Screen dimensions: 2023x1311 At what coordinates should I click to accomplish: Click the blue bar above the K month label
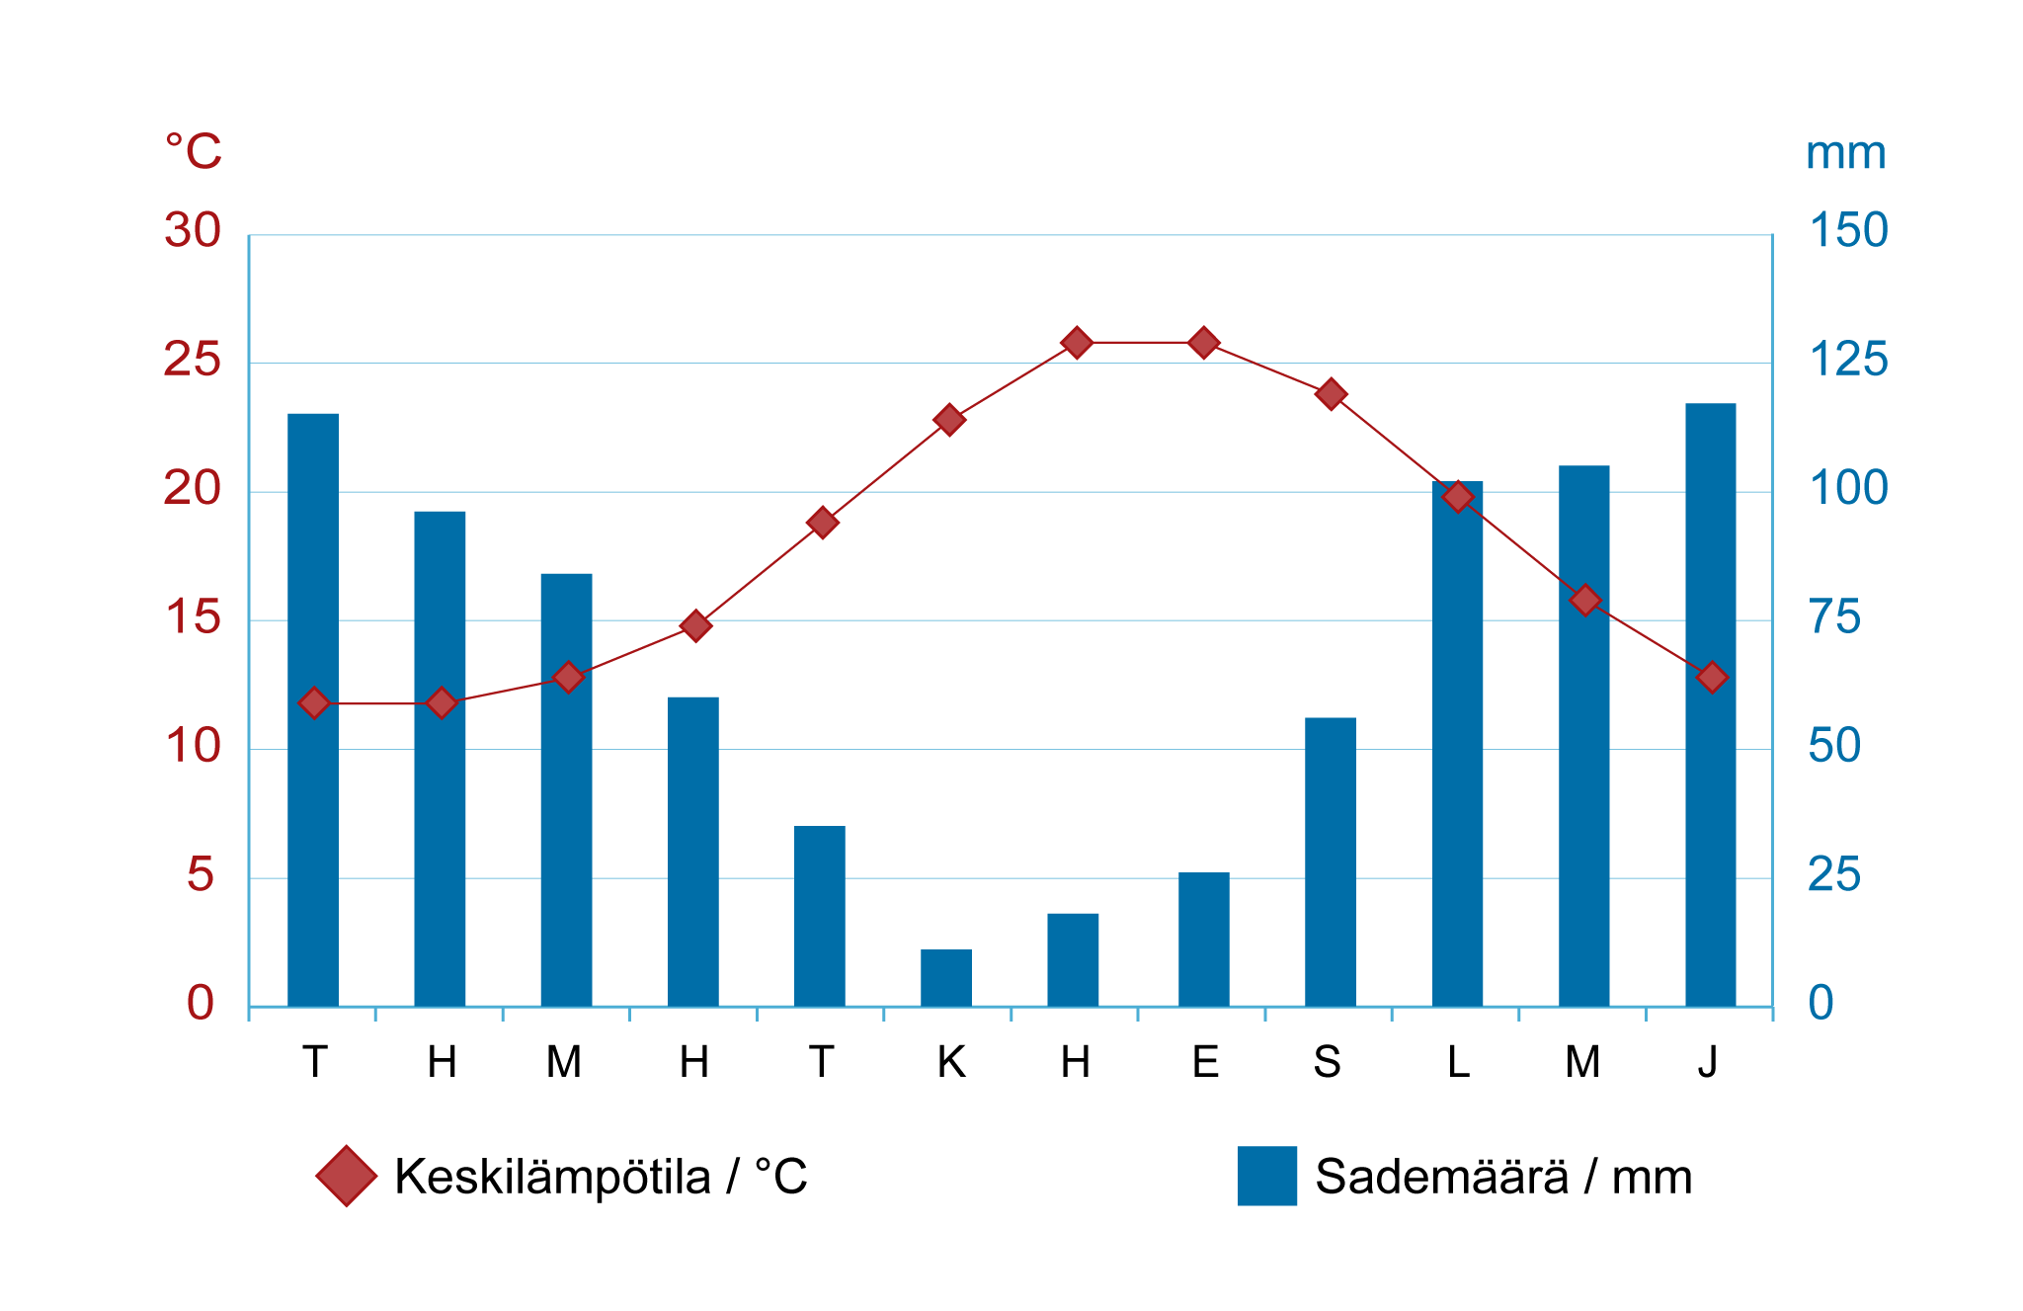point(945,977)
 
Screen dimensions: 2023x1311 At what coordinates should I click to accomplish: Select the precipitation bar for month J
point(1710,704)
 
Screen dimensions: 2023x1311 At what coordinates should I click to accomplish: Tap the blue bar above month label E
point(1203,939)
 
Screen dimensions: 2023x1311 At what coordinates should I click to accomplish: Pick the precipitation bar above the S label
point(1330,861)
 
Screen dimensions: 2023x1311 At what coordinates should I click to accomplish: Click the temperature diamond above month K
point(949,420)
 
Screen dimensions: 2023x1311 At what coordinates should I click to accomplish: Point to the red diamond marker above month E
point(1203,343)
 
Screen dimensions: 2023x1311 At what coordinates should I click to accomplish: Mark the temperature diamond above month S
point(1331,394)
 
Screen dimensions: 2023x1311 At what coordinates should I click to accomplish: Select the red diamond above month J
point(1712,678)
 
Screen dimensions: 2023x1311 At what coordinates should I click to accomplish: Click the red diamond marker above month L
point(1458,497)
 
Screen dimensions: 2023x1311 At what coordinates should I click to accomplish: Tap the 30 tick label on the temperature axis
point(193,231)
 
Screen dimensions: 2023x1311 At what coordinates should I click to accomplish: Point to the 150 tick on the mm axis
point(1847,231)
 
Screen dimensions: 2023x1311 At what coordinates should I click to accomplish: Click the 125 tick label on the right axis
point(1847,360)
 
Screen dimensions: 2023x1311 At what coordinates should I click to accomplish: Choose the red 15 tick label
point(194,617)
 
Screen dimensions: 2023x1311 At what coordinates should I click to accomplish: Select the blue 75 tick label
point(1834,617)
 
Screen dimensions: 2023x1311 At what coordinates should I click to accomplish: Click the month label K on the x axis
point(950,1062)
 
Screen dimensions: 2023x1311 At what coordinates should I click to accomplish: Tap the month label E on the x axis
point(1205,1062)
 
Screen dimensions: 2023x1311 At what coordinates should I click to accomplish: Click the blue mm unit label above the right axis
point(1845,154)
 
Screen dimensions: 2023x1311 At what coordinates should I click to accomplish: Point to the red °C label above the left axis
point(194,151)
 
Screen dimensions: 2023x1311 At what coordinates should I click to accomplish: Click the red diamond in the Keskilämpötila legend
point(347,1176)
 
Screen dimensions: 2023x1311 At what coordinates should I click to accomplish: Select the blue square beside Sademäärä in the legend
point(1267,1176)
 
